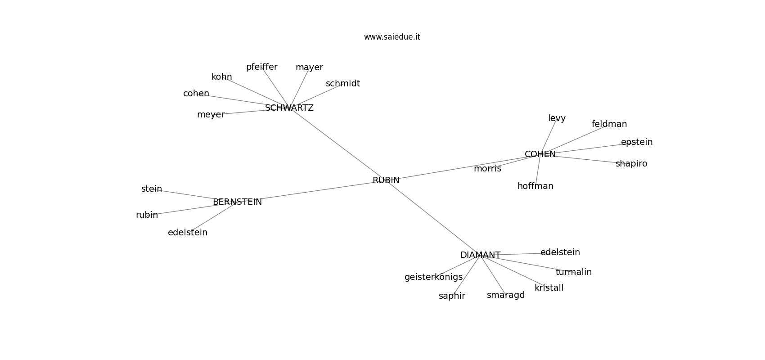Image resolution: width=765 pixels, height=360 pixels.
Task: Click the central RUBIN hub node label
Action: coord(386,180)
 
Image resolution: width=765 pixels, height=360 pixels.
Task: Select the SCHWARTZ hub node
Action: coord(289,108)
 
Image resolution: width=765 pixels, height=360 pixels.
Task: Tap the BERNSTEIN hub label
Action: coord(237,202)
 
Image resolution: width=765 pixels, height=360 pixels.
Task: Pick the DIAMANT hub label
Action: coord(480,255)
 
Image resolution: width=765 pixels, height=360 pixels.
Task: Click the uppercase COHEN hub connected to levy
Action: coord(540,154)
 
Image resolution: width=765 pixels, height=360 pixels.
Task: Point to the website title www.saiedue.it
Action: coord(392,37)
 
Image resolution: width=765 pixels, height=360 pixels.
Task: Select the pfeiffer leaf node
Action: coord(261,67)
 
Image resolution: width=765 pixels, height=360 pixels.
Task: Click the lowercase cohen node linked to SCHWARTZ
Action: coord(196,94)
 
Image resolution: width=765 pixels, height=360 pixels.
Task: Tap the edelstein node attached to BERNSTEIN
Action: coord(188,233)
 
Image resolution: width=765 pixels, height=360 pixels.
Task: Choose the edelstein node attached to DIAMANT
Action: coord(560,252)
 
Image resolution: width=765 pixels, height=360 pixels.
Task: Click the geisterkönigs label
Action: coord(433,277)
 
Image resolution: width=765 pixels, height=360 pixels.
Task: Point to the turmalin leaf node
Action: coord(573,272)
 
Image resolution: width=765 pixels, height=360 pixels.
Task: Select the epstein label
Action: coord(636,142)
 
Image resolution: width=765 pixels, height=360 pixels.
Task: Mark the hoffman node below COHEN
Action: coord(535,186)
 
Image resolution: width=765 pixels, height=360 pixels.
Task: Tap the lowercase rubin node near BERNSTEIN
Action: coord(147,215)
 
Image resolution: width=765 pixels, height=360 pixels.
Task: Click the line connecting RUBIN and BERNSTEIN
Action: coord(315,191)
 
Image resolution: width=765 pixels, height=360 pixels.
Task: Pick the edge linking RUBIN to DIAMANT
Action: coord(432,217)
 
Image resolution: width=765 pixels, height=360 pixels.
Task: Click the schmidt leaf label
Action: coord(342,84)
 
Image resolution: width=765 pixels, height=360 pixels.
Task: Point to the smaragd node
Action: coord(505,295)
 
